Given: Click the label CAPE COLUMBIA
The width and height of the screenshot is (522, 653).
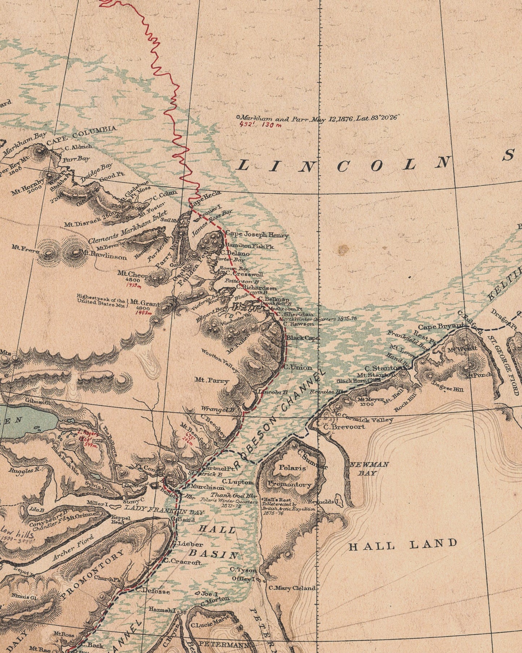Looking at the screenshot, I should [82, 135].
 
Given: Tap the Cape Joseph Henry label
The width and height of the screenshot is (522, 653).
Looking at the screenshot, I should [257, 235].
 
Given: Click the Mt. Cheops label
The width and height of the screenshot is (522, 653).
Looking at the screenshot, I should [134, 274].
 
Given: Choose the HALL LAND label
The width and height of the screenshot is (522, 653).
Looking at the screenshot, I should [403, 545].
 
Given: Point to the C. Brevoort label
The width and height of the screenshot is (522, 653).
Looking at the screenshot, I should [344, 427].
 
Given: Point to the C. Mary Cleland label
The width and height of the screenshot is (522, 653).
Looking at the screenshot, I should [292, 588].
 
